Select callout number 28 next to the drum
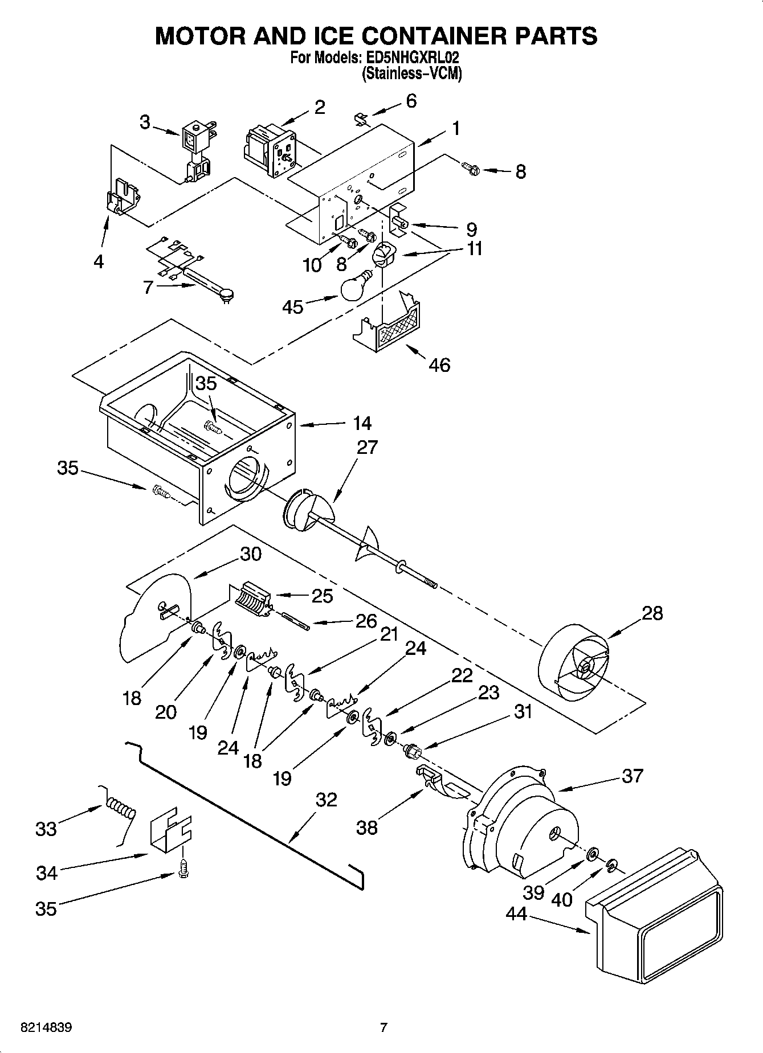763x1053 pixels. point(652,613)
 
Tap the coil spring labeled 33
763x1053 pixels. point(121,809)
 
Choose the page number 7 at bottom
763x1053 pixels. point(383,1028)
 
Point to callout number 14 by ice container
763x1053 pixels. point(361,423)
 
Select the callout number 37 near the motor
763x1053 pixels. point(632,776)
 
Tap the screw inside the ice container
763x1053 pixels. point(212,426)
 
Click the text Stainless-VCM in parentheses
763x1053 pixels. point(411,73)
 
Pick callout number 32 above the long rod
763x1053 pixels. point(326,800)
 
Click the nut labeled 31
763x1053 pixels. point(412,752)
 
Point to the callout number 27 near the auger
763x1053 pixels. point(367,447)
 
